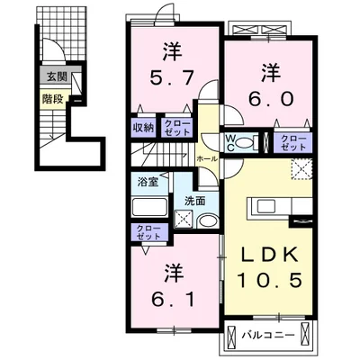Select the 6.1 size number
[171, 295]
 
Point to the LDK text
[267, 253]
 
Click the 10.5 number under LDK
[267, 282]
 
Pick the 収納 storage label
[143, 126]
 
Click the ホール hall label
[205, 157]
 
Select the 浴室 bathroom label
[148, 181]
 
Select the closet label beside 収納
[176, 126]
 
